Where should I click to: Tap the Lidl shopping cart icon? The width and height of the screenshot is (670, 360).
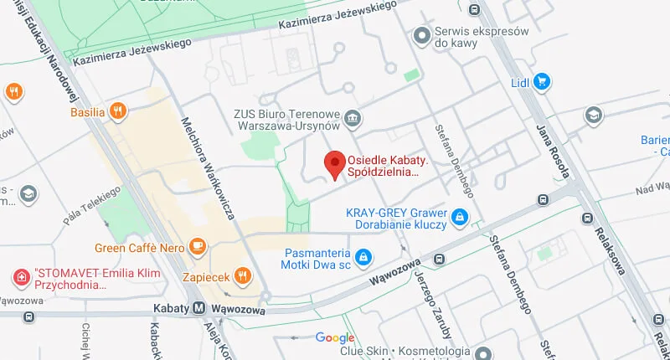click(542, 81)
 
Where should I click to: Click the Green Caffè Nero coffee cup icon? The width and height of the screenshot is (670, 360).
click(197, 245)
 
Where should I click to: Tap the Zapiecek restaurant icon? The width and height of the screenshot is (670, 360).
click(242, 275)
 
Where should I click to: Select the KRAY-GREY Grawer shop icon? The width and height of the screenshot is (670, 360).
click(459, 218)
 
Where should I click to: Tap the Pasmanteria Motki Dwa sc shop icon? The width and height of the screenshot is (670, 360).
click(363, 256)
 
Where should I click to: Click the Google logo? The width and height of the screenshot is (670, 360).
click(335, 338)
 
